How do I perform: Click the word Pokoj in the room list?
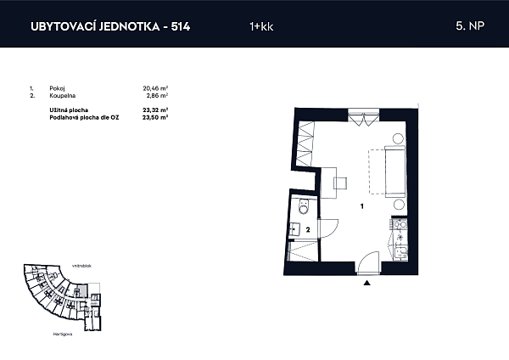pos(56,87)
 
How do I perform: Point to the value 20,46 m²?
pos(155,87)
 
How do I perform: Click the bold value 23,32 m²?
pos(155,110)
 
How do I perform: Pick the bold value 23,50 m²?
pos(155,116)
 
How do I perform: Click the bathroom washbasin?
pos(295,228)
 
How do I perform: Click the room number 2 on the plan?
pos(307,229)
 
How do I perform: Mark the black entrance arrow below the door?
pos(366,284)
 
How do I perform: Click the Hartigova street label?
pos(61,335)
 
